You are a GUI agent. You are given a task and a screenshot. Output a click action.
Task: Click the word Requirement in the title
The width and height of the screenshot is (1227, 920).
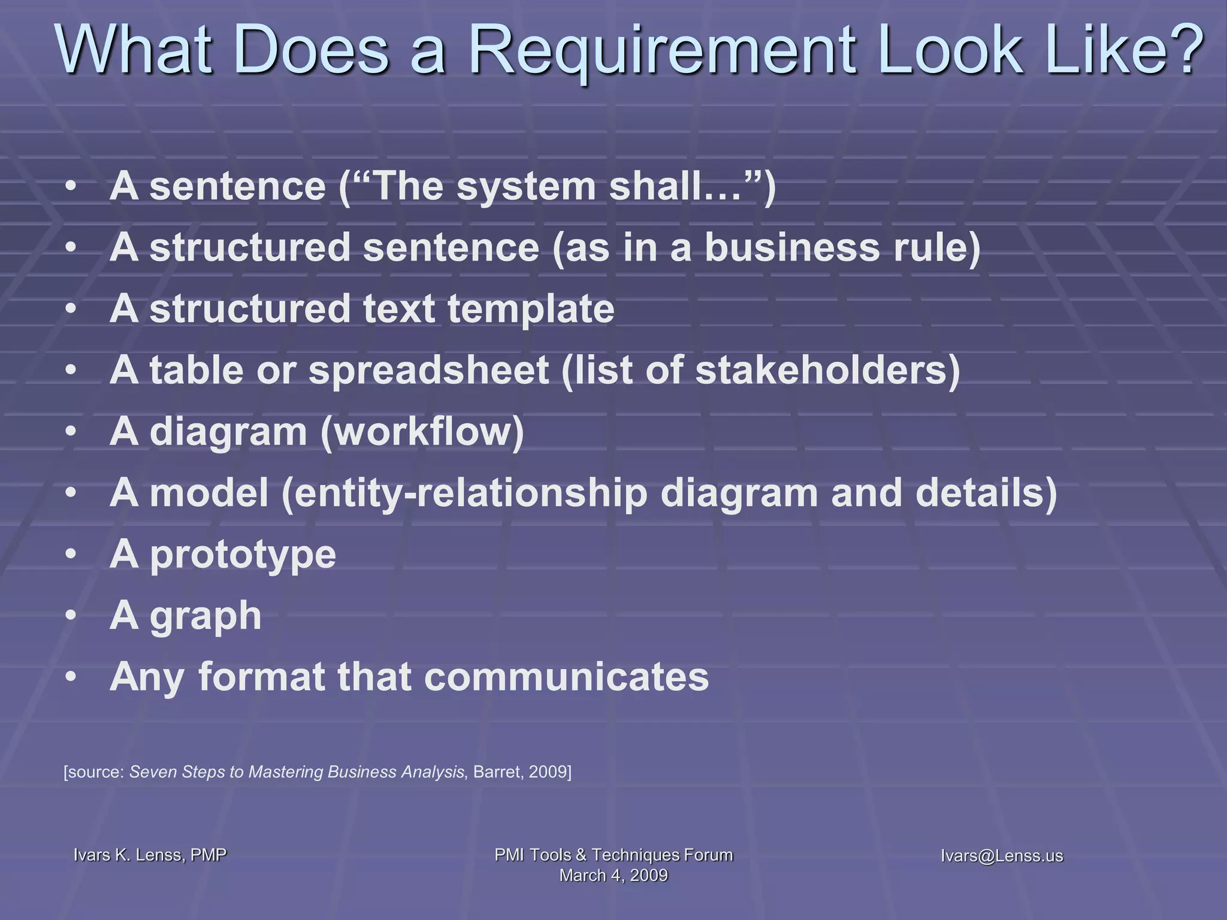[x=666, y=52]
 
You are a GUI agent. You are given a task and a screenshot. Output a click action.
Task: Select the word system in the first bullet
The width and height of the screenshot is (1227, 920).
[x=526, y=187]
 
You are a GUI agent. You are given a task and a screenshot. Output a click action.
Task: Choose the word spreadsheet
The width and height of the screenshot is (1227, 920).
[x=428, y=371]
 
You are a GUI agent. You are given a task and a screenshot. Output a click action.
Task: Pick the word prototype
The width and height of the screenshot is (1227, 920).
[x=243, y=555]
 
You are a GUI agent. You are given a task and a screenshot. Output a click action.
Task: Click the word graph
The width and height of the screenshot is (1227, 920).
[x=205, y=617]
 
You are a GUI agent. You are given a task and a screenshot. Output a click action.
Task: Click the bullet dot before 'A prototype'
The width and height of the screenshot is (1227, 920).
[x=71, y=555]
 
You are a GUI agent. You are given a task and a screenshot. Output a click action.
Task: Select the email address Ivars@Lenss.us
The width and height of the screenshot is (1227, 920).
[x=1002, y=855]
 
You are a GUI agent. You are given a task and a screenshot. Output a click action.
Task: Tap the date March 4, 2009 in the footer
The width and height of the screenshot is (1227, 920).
[x=613, y=875]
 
